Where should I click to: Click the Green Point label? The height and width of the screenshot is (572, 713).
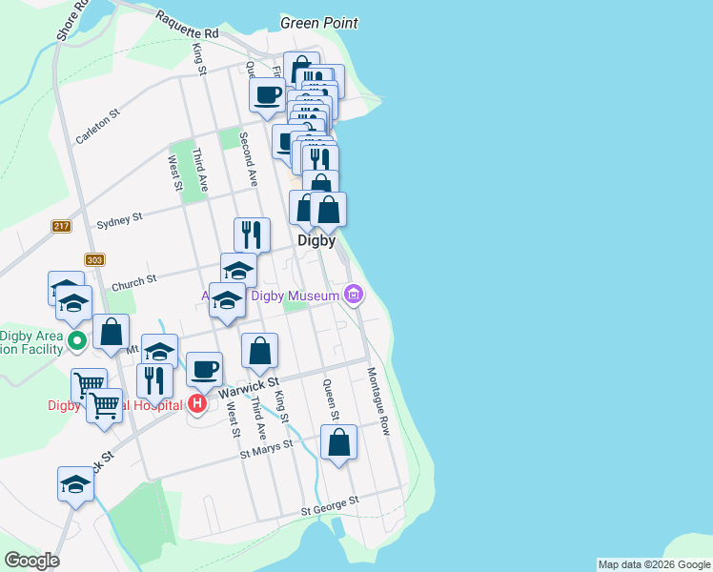(319, 22)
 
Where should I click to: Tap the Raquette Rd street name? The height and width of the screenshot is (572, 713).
(187, 26)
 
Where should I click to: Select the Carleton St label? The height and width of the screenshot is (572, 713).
(97, 127)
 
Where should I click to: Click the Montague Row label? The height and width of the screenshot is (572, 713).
(378, 400)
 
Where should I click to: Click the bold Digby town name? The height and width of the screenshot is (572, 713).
(316, 241)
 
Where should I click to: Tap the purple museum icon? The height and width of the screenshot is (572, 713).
(355, 294)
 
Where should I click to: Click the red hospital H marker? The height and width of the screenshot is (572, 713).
(197, 404)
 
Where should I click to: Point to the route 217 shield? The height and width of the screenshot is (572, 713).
(62, 226)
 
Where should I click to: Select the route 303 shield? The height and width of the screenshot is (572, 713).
(93, 259)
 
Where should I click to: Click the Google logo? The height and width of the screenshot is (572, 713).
(31, 561)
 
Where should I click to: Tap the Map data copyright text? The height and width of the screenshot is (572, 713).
(654, 564)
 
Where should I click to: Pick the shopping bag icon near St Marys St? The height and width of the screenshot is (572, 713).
(338, 442)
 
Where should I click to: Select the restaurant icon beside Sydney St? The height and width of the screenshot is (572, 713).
(252, 235)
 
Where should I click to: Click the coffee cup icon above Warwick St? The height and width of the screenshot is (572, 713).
(203, 369)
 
